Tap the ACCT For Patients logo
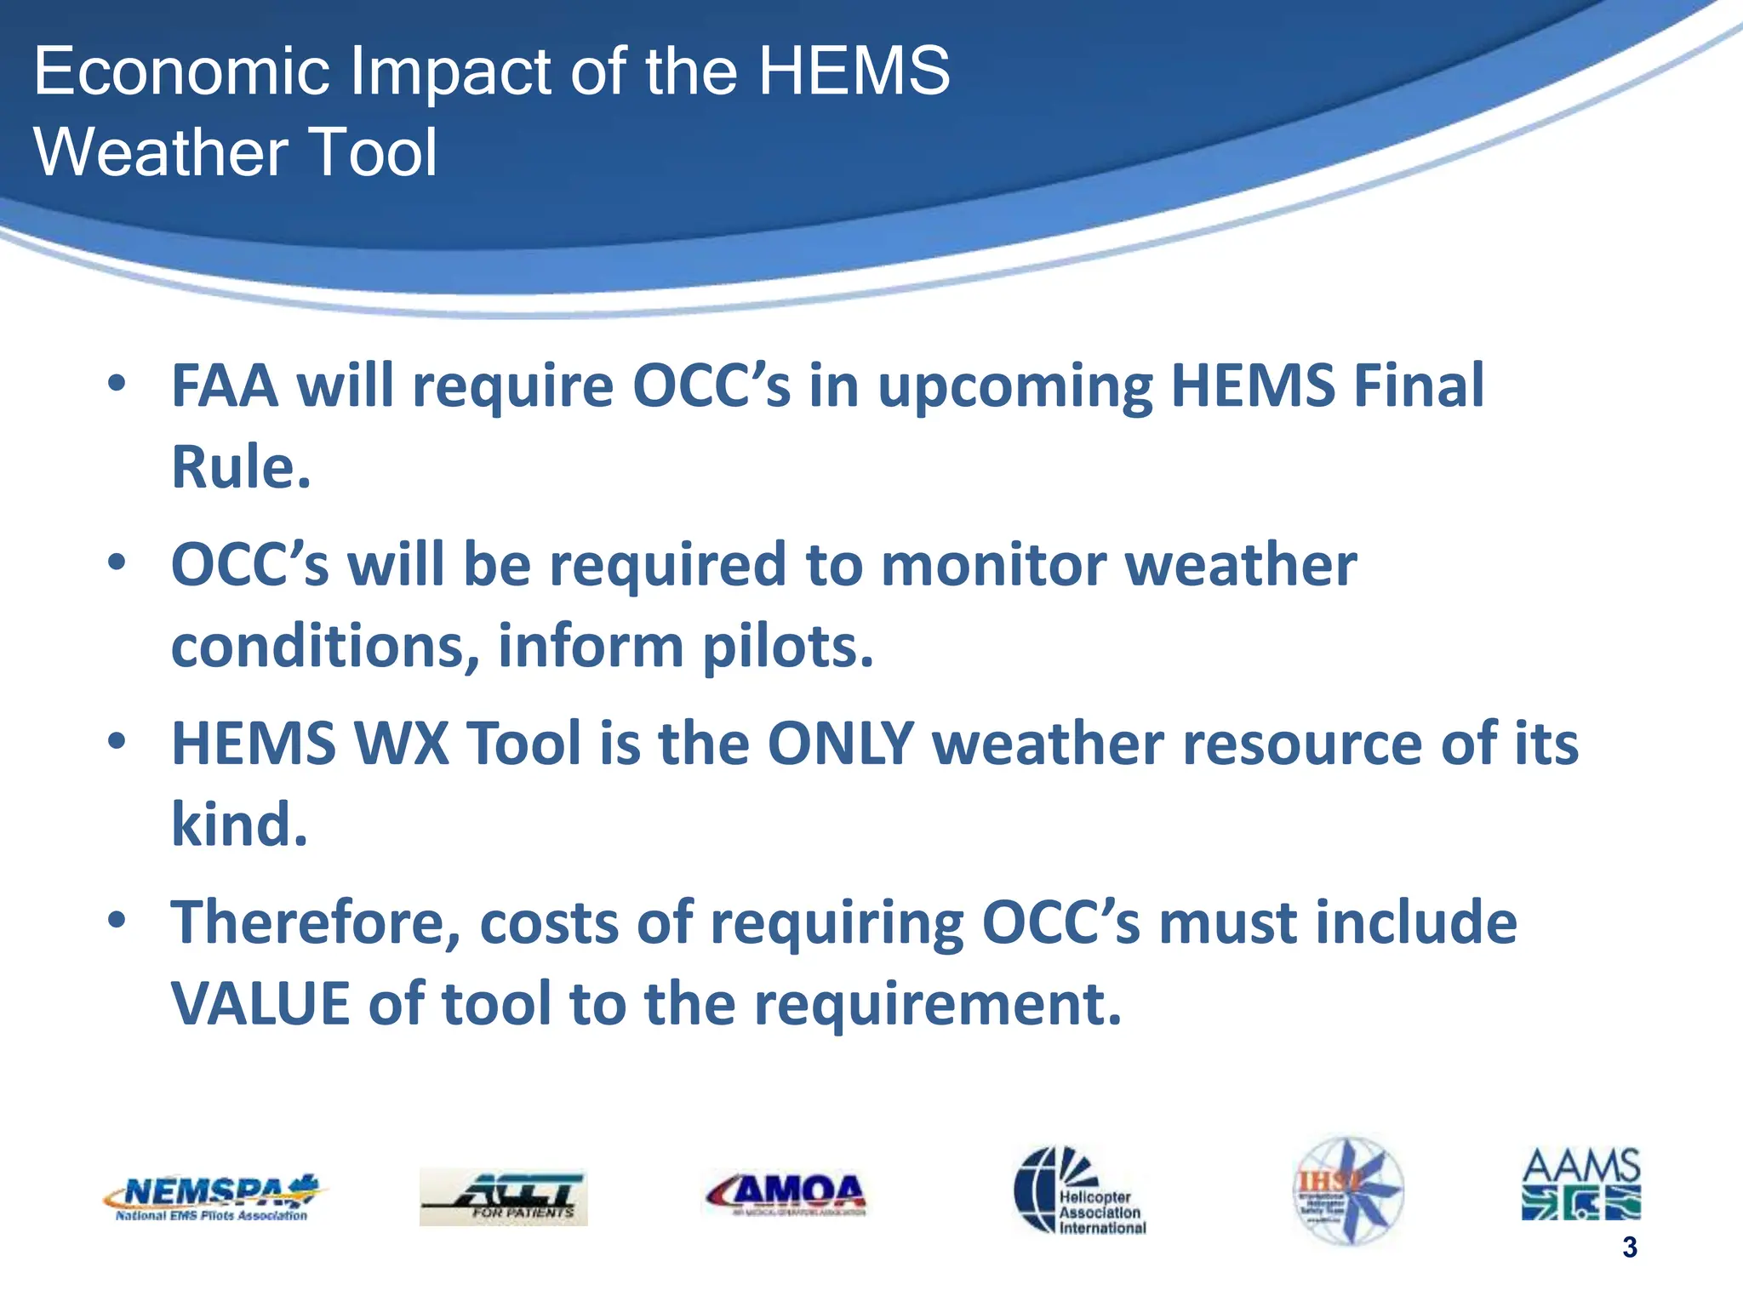coord(503,1196)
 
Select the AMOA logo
coord(786,1193)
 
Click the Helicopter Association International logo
coord(1080,1190)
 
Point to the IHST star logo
coord(1348,1190)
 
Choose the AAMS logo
coord(1580,1184)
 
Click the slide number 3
coord(1629,1247)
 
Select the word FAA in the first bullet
coord(225,386)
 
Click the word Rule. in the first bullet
coord(241,467)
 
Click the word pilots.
coord(787,647)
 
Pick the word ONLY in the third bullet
coord(840,744)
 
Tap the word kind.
coord(239,825)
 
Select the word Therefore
coord(316,923)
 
